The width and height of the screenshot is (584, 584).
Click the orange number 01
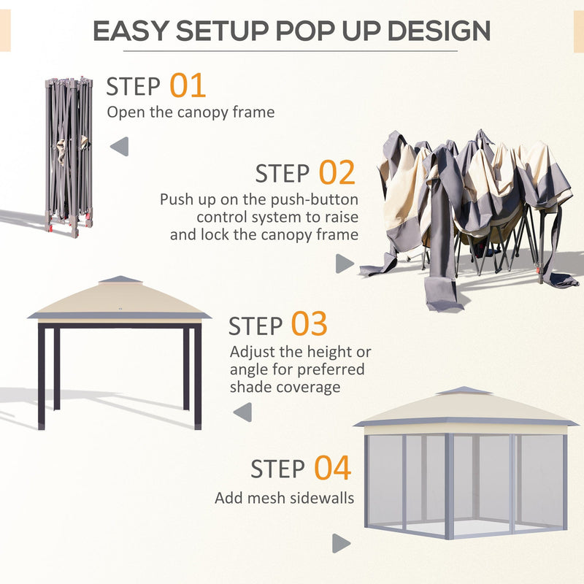(188, 85)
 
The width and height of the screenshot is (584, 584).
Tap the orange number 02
(337, 173)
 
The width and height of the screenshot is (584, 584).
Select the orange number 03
(309, 324)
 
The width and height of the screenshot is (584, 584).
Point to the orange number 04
(332, 468)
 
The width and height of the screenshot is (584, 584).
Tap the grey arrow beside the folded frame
(119, 147)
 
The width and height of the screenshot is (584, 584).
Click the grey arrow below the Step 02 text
(345, 264)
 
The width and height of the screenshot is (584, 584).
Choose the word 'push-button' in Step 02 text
(322, 199)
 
